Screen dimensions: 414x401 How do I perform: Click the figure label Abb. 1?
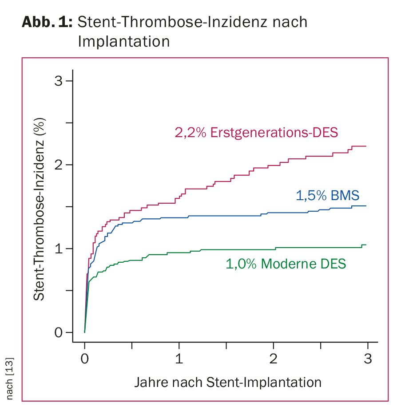pos(47,22)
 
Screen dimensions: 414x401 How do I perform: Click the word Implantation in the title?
pos(123,41)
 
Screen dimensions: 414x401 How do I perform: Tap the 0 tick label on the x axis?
pos(84,359)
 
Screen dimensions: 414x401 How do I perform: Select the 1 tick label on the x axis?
pos(179,359)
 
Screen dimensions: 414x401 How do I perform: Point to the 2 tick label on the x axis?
pos(274,359)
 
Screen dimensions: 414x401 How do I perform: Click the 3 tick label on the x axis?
pos(368,359)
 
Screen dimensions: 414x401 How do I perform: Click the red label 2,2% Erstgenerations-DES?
pos(257,133)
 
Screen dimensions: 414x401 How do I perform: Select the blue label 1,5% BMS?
pos(328,196)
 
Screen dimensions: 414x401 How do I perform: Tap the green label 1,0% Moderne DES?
pos(286,264)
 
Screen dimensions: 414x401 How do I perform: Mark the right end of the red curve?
pos(366,146)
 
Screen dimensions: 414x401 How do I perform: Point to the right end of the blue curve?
pos(366,206)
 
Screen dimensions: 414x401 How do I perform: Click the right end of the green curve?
pos(366,245)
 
